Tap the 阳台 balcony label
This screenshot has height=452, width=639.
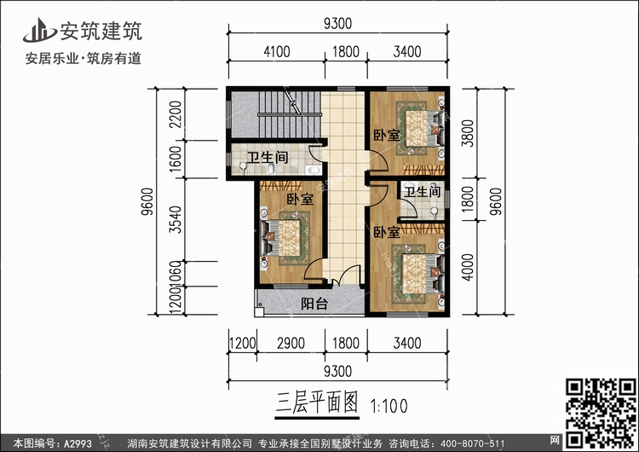(314, 304)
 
